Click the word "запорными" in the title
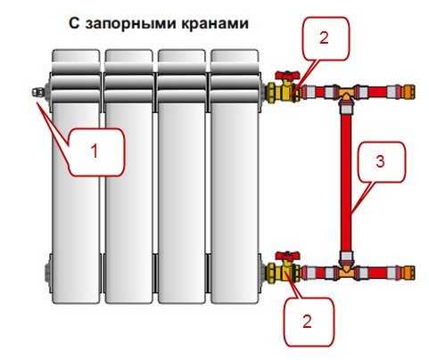pos(131,24)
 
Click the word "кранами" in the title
pos(215,23)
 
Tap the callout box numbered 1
pos(95,152)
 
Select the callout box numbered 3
pos(381,162)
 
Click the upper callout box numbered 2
pos(326,38)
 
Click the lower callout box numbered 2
pos(309,322)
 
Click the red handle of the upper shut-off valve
pos(287,75)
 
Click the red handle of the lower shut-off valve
pos(287,256)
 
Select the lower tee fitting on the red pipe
pos(346,269)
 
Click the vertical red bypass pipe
pos(346,181)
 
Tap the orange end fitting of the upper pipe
pos(407,92)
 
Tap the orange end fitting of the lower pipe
pos(407,273)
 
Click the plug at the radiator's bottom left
pos(47,272)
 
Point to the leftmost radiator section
pos(76,176)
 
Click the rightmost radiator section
pos(235,176)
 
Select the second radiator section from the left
pos(128,176)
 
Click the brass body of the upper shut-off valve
pos(283,92)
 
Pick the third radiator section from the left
pos(182,176)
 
